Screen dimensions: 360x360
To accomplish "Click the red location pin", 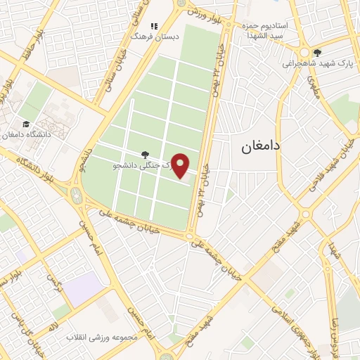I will tap(181, 165).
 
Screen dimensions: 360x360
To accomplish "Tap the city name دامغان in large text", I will tap(260, 146).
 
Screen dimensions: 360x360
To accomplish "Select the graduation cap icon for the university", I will tap(26, 124).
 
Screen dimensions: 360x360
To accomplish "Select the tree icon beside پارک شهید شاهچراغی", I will tap(318, 52).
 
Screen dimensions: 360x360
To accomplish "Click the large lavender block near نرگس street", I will tap(84, 289).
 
